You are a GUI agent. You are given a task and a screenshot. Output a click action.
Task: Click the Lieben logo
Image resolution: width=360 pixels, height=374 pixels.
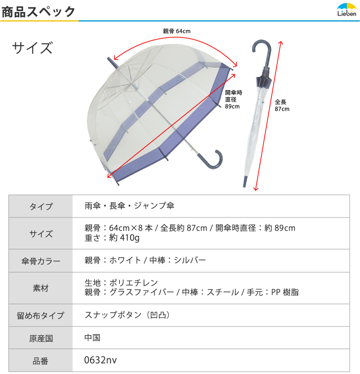347,10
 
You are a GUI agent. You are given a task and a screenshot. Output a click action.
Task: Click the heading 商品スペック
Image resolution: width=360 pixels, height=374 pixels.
38,12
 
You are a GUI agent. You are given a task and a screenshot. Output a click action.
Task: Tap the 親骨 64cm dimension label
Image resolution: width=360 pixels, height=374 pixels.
177,31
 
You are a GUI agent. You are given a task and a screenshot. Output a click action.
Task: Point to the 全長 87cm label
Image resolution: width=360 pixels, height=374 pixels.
282,105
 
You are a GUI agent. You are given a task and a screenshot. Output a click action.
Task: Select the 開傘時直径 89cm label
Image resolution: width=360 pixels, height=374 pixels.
234,99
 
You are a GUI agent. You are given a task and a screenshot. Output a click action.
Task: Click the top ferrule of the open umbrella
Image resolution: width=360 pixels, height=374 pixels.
112,62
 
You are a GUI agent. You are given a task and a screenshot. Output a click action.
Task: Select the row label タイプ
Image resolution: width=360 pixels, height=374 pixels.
41,206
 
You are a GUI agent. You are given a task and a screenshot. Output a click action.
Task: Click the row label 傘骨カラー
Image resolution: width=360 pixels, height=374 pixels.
41,261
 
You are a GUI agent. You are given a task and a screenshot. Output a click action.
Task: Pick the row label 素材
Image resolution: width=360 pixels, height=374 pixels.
41,288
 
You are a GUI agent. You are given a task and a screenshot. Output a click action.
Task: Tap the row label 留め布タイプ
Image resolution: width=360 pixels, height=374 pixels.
41,315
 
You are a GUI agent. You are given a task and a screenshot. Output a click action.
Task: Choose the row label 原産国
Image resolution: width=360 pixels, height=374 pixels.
41,338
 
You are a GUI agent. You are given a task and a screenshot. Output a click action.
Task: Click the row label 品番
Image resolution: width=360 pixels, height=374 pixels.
41,361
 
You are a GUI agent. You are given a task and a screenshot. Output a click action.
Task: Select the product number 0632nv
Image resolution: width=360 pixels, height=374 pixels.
101,360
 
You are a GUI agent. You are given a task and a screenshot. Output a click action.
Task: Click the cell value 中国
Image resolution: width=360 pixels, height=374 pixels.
92,338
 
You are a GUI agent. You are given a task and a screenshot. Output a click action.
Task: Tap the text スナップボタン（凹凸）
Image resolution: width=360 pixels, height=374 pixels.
127,315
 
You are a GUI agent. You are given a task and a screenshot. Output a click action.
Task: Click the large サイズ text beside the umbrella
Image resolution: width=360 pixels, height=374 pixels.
32,48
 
